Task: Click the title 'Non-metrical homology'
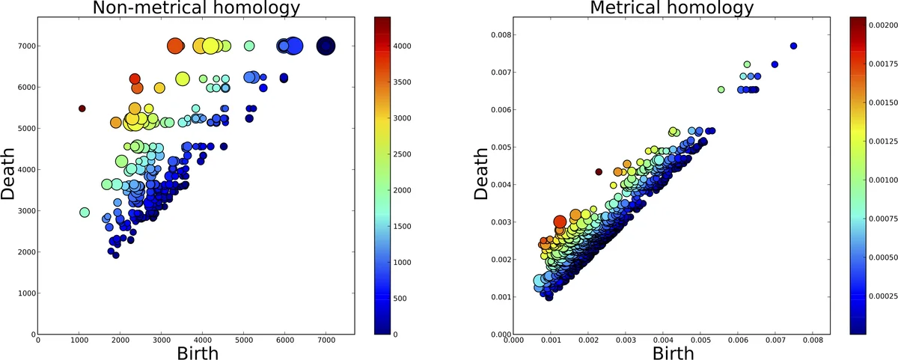(196, 8)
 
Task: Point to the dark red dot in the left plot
(82, 109)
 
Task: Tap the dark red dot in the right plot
(599, 171)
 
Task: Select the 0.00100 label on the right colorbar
(881, 180)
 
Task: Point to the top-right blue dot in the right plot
(793, 46)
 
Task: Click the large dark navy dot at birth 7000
(326, 46)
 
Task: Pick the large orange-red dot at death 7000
(175, 46)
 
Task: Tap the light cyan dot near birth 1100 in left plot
(85, 213)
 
